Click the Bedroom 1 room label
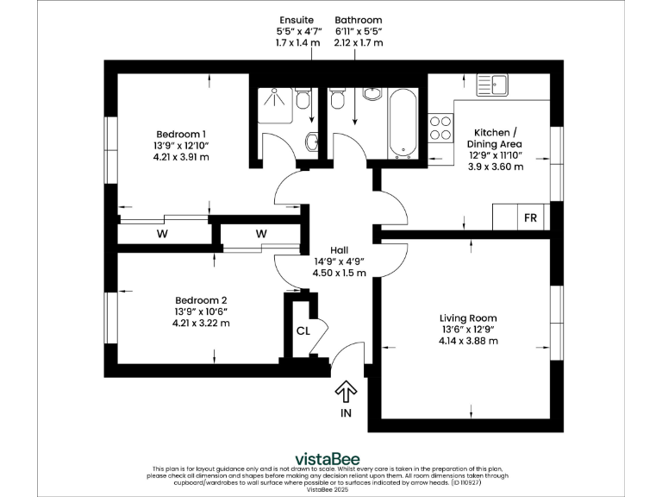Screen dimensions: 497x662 click(181, 134)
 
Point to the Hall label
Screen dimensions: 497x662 click(339, 249)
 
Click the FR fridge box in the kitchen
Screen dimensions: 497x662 click(530, 217)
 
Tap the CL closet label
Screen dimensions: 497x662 click(303, 330)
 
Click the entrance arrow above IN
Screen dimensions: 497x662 click(346, 392)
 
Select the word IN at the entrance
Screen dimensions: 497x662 click(346, 414)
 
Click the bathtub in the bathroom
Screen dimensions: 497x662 click(403, 123)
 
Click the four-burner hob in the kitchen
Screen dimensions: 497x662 click(441, 128)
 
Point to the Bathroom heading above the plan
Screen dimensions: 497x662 click(359, 20)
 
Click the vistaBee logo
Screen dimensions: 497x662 click(328, 458)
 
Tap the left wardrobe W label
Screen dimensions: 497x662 click(161, 234)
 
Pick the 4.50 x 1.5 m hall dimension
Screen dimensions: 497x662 click(339, 273)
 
